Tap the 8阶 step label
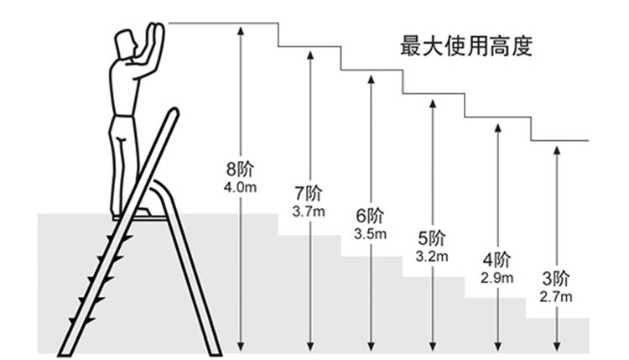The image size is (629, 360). tap(240, 167)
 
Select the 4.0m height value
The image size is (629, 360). tap(240, 187)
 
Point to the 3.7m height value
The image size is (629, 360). tap(309, 211)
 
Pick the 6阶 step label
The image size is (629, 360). tap(370, 214)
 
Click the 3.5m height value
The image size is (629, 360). tap(370, 232)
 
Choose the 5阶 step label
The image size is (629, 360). tap(432, 237)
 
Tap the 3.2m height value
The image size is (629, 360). tap(432, 256)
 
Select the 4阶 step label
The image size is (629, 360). tap(496, 258)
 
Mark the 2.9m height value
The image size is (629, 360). tap(496, 276)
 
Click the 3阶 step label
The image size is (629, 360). tap(556, 278)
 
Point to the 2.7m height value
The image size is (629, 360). tap(556, 296)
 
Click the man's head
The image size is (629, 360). tap(126, 44)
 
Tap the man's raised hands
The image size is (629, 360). tap(155, 34)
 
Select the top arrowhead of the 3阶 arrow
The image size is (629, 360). tap(556, 149)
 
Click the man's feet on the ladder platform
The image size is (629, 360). tap(126, 215)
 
